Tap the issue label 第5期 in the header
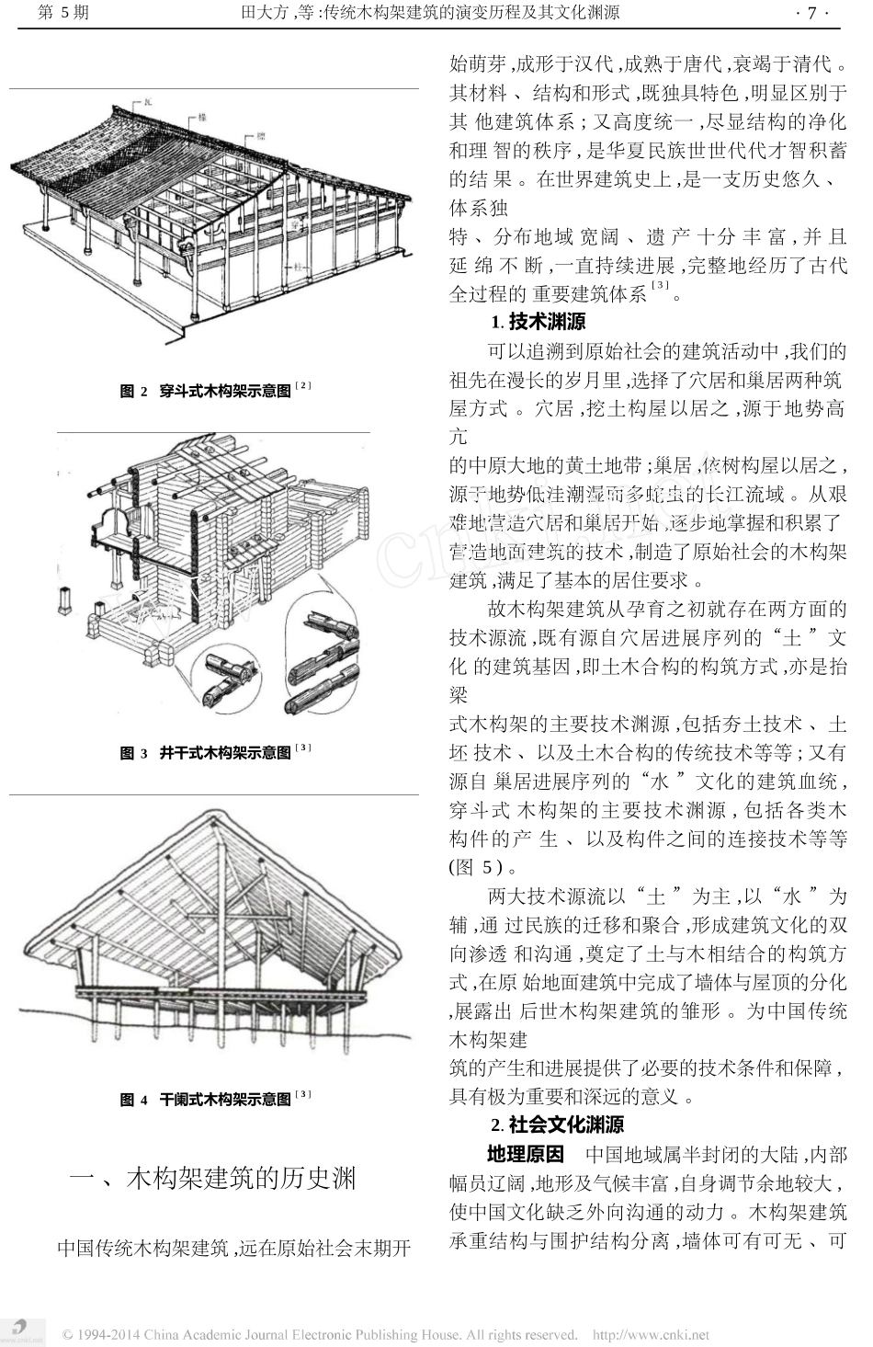pos(61,13)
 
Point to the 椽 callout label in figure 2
pos(199,119)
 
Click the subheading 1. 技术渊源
pos(538,322)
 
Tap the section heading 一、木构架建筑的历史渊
pos(213,1179)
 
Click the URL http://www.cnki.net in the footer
pos(651,1334)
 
